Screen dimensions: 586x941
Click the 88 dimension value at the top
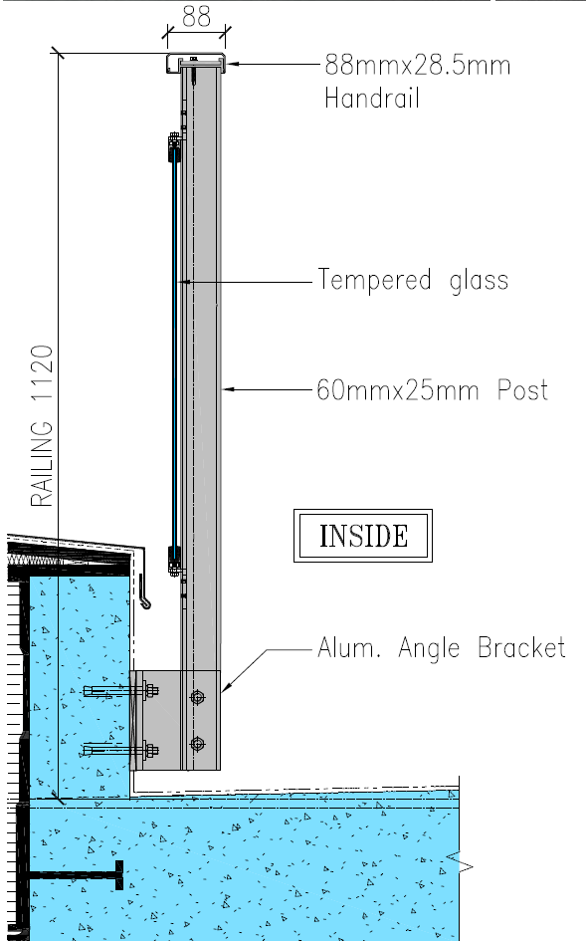point(196,16)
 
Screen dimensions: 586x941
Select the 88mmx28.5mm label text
point(418,65)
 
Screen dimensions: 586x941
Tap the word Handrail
point(371,98)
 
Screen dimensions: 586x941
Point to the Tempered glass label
point(413,280)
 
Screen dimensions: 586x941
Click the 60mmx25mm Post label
point(432,390)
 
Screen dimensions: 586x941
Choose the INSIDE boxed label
point(363,536)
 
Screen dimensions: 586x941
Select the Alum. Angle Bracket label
point(442,648)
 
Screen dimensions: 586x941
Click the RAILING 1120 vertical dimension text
point(42,426)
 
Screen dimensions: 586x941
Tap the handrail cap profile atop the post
point(196,63)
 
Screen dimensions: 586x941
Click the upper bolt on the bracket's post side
point(197,697)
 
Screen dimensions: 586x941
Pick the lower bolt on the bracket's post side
point(197,744)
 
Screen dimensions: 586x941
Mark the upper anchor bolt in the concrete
point(120,691)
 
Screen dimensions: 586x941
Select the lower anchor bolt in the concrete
point(120,750)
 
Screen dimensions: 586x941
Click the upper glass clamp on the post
point(174,147)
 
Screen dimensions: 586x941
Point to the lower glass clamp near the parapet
point(174,560)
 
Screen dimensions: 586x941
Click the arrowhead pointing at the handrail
point(232,63)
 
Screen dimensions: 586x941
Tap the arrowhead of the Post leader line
point(227,390)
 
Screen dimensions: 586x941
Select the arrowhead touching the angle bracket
point(227,687)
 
